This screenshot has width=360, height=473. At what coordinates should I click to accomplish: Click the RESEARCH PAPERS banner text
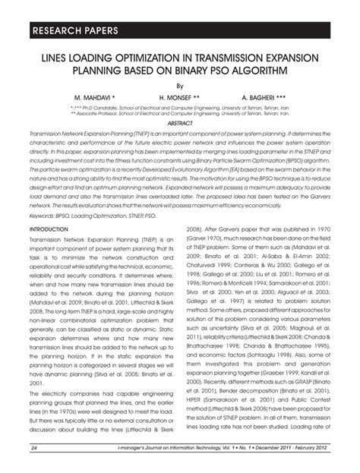pyautogui.click(x=74, y=31)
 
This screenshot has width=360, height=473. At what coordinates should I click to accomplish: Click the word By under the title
pyautogui.click(x=179, y=87)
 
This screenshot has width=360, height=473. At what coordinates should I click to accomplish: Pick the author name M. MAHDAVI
pyautogui.click(x=95, y=99)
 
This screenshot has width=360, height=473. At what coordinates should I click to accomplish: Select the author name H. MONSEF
pyautogui.click(x=180, y=99)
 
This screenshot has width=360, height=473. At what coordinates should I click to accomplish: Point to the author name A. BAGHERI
pyautogui.click(x=265, y=99)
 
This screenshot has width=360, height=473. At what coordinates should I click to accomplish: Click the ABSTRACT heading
pyautogui.click(x=179, y=122)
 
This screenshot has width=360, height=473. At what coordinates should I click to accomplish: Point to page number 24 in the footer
pyautogui.click(x=34, y=449)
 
